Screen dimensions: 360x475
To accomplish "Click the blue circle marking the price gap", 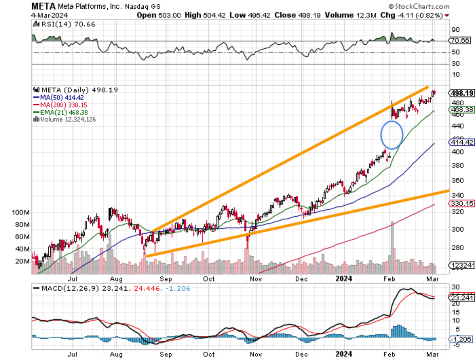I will (392, 135).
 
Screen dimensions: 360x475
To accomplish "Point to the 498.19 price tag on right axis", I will (461, 93).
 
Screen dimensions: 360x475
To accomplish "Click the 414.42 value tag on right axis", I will (461, 142).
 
